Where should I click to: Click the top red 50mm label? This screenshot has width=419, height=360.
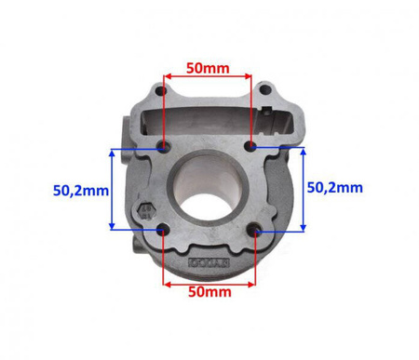[x=208, y=68]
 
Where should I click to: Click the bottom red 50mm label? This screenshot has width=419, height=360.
[x=209, y=292]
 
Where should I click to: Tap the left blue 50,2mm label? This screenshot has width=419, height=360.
[x=81, y=191]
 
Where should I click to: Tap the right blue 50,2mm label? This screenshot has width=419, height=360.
[x=335, y=188]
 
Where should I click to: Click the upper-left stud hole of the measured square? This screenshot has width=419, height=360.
[x=163, y=145]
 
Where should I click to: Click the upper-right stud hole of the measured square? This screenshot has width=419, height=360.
[x=250, y=145]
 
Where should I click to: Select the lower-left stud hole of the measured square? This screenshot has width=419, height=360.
[x=162, y=230]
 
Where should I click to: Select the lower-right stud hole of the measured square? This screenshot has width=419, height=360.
[x=253, y=229]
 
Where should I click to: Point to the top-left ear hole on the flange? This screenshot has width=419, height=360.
[x=161, y=91]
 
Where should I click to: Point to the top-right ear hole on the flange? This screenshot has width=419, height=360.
[x=264, y=90]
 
